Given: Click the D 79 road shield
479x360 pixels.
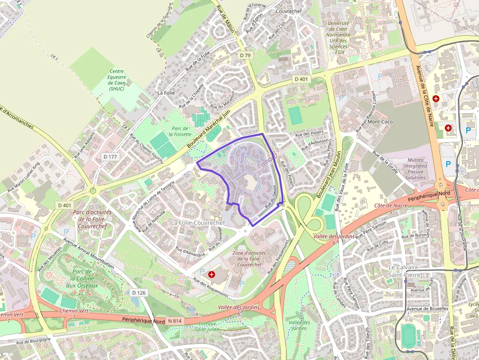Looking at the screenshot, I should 245,56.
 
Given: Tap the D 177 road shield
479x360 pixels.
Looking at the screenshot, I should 110,157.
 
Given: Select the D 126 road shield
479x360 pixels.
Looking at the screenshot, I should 139,293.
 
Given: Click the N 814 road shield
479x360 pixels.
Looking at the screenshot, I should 174,321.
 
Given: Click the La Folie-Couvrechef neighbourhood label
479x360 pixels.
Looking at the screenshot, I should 197,223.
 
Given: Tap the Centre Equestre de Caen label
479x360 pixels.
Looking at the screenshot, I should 117,80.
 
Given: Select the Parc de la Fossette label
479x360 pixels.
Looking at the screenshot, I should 179,131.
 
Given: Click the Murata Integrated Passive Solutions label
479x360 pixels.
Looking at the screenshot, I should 415,169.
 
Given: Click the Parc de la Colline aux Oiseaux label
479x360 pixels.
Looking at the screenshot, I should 82,278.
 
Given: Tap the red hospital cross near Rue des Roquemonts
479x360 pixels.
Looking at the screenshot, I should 212,275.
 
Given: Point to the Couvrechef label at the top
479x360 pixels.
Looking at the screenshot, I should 289,11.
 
